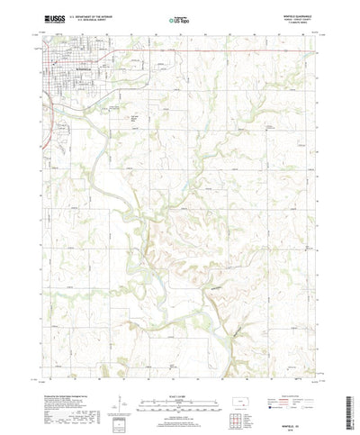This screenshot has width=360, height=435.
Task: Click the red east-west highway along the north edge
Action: (225, 51)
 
